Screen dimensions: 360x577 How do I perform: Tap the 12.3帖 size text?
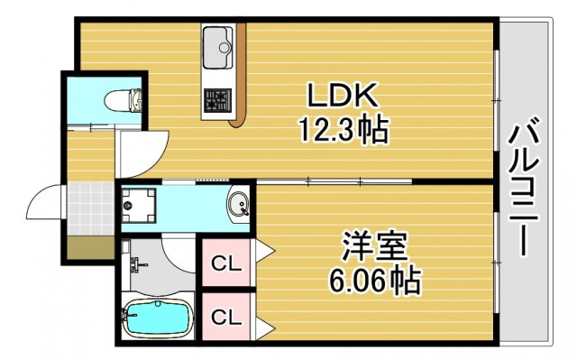(343, 132)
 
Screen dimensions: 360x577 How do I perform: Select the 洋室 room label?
(374, 245)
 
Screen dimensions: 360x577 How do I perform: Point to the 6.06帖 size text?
(373, 281)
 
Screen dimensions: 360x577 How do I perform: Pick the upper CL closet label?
(225, 263)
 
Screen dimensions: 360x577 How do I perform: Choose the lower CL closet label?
(225, 317)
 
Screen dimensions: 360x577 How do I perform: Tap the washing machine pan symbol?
(140, 204)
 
